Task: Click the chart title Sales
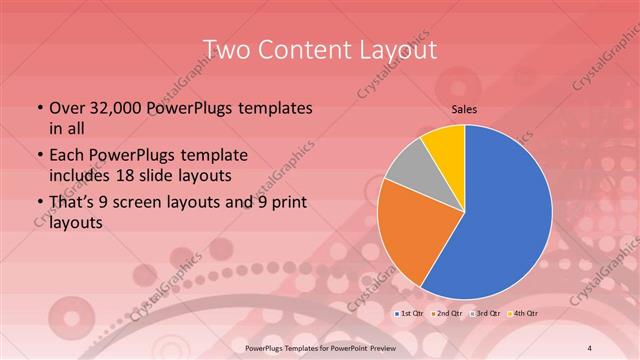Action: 464,109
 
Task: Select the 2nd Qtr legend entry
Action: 447,314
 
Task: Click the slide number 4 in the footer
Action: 588,346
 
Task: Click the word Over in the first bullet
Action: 66,108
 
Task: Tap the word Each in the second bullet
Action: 66,155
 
